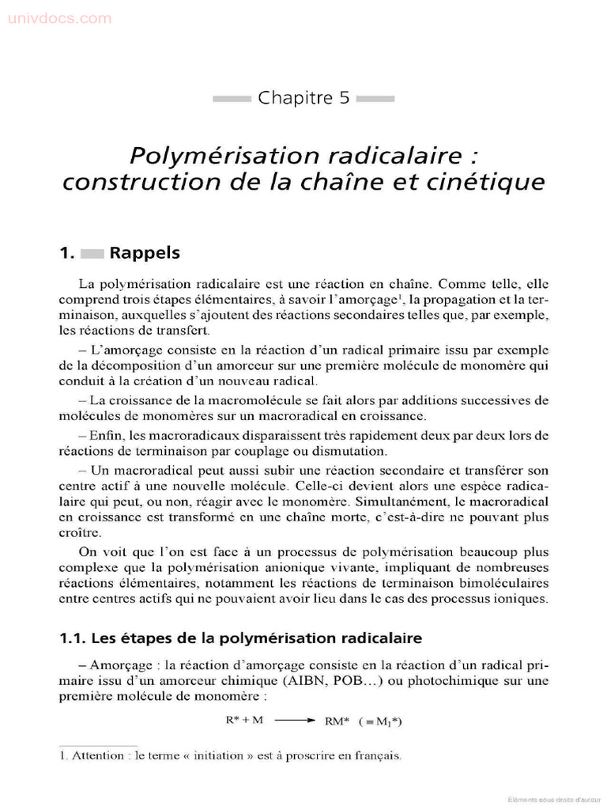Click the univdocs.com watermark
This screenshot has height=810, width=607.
click(x=60, y=18)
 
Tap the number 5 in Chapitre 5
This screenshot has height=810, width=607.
click(x=345, y=99)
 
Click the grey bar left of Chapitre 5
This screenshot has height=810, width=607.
click(x=232, y=99)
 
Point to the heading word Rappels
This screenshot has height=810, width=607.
click(x=145, y=253)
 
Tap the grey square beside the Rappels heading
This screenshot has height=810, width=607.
click(x=92, y=254)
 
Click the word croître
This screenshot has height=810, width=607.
click(x=80, y=533)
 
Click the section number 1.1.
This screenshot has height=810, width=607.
click(x=74, y=638)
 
